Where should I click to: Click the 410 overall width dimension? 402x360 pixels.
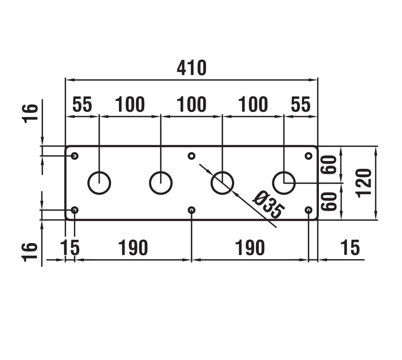[191, 68]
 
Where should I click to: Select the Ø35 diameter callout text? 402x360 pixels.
[268, 205]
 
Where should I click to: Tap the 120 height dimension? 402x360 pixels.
[364, 183]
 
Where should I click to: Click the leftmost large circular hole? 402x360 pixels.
[99, 183]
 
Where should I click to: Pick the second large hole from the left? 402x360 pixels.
[161, 183]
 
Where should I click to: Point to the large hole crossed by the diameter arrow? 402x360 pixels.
[222, 183]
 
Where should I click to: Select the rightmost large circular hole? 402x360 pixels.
[284, 183]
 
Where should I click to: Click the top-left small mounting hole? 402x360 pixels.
[75, 156]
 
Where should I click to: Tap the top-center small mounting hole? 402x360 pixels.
[192, 156]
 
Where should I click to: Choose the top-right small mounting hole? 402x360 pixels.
[308, 156]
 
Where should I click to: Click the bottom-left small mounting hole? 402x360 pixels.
[75, 210]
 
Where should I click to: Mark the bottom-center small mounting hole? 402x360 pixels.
[192, 210]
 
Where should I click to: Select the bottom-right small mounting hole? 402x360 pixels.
[308, 210]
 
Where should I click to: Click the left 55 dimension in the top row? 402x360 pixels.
[82, 105]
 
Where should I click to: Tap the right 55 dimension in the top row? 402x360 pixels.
[301, 105]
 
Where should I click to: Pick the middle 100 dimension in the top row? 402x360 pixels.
[191, 105]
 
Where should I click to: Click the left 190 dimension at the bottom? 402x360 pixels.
[133, 248]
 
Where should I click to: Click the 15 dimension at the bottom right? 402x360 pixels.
[349, 248]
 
